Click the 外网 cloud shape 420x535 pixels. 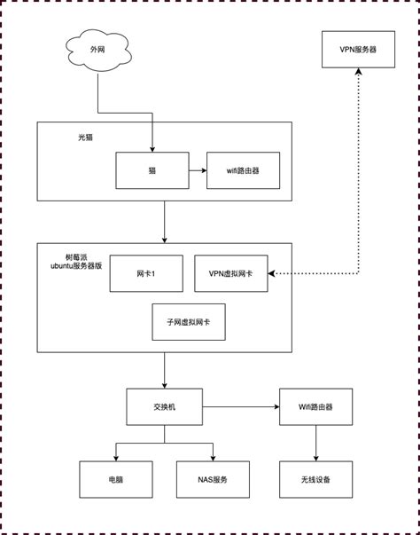97,51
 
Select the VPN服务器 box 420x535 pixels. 358,51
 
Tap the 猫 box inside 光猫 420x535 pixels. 152,170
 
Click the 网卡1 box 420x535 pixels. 146,273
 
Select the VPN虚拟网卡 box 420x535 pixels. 230,273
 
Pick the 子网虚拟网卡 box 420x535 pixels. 188,322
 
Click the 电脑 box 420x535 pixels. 116,479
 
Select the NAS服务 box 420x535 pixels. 213,479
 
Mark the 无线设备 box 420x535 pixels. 316,479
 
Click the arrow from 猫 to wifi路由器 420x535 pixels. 197,170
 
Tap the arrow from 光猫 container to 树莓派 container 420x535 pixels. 164,222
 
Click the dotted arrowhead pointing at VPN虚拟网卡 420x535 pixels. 272,273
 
